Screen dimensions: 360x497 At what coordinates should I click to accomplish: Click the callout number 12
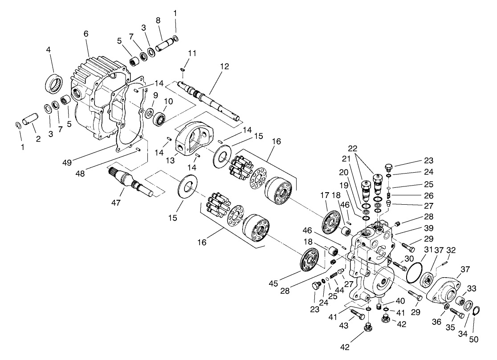tap(224, 66)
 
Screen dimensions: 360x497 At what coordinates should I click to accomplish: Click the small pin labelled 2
tap(33, 121)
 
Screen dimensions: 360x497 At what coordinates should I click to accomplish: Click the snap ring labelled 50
tap(475, 310)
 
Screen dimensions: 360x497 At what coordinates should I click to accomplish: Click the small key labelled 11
tap(183, 69)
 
